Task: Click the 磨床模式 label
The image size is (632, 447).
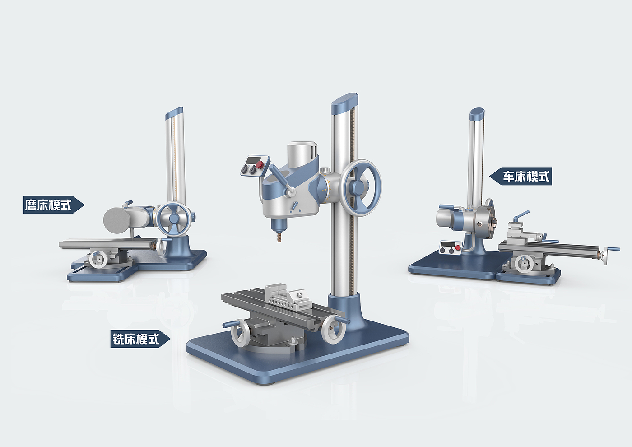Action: (54, 205)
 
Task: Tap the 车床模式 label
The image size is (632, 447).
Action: (521, 177)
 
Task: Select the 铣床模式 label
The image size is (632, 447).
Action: (140, 339)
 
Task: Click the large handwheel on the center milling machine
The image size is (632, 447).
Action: (360, 188)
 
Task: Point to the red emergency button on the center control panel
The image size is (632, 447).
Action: (259, 164)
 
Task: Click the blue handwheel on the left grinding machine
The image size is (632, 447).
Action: (173, 218)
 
